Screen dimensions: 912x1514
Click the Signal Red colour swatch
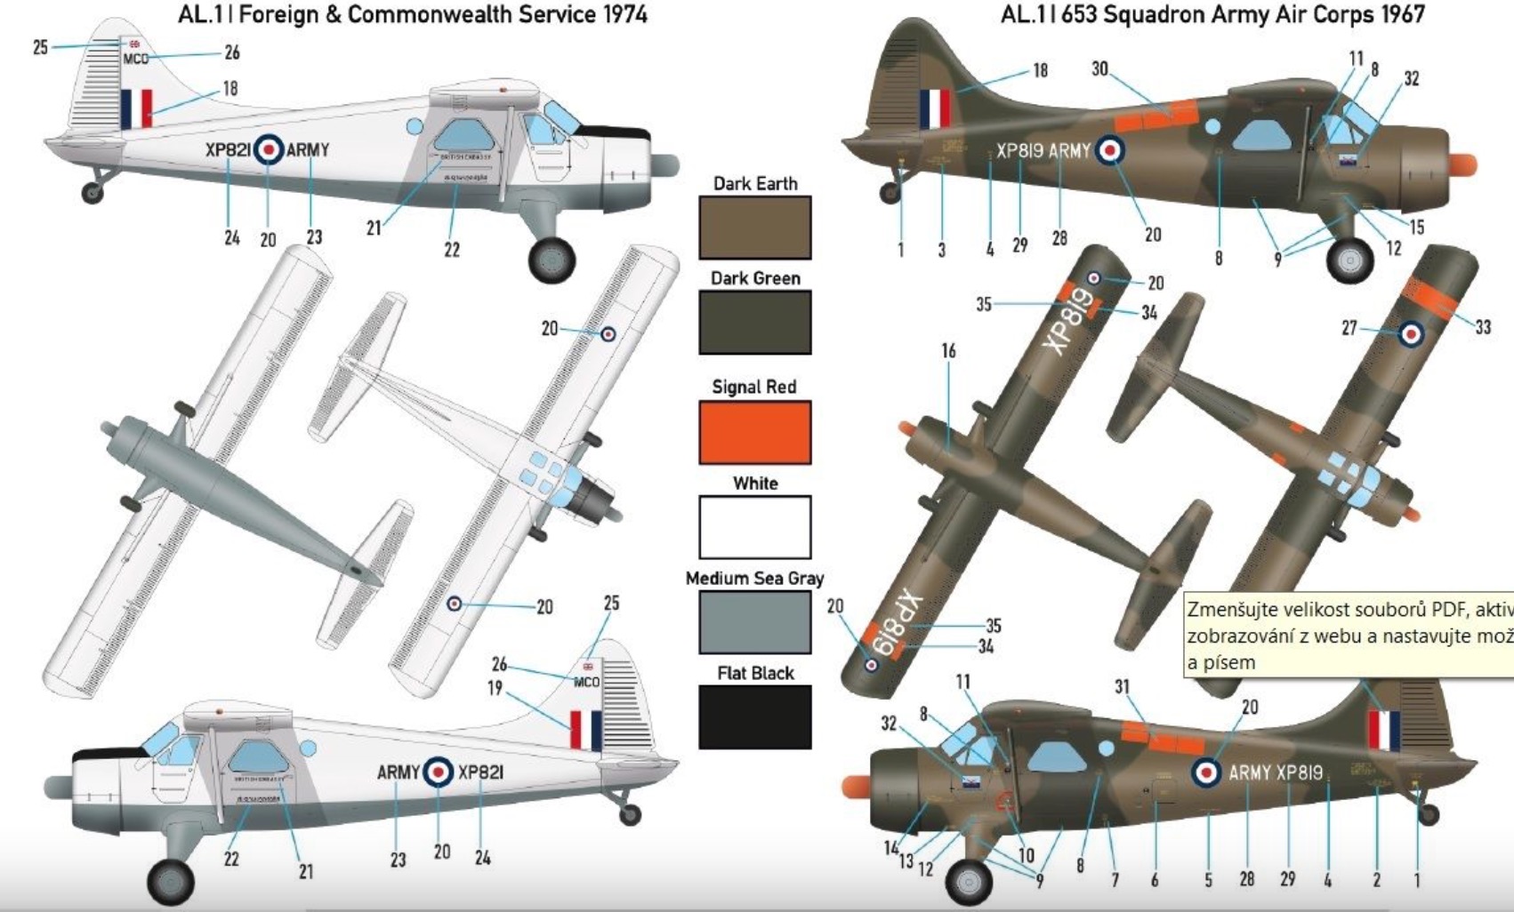pos(754,432)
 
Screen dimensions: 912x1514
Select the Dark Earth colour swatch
pos(754,228)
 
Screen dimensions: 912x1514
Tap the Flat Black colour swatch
pos(754,716)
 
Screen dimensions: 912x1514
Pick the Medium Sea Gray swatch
pos(754,621)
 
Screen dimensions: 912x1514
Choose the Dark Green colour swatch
pos(754,323)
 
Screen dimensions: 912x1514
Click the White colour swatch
pos(754,527)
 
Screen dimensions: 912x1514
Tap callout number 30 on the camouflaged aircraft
pos(1099,69)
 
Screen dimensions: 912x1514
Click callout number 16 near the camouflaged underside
pos(948,351)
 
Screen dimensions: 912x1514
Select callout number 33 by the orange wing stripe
pos(1482,327)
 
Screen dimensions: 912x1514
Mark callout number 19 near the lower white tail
pos(495,687)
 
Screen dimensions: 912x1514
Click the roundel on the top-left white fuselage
pos(268,149)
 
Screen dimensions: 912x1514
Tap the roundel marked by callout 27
pos(1411,334)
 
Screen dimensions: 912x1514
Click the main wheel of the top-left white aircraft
pos(552,259)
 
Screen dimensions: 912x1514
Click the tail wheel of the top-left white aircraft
pos(92,192)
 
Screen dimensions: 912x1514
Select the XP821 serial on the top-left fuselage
pos(228,150)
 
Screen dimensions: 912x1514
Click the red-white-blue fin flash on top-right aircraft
pos(935,108)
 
